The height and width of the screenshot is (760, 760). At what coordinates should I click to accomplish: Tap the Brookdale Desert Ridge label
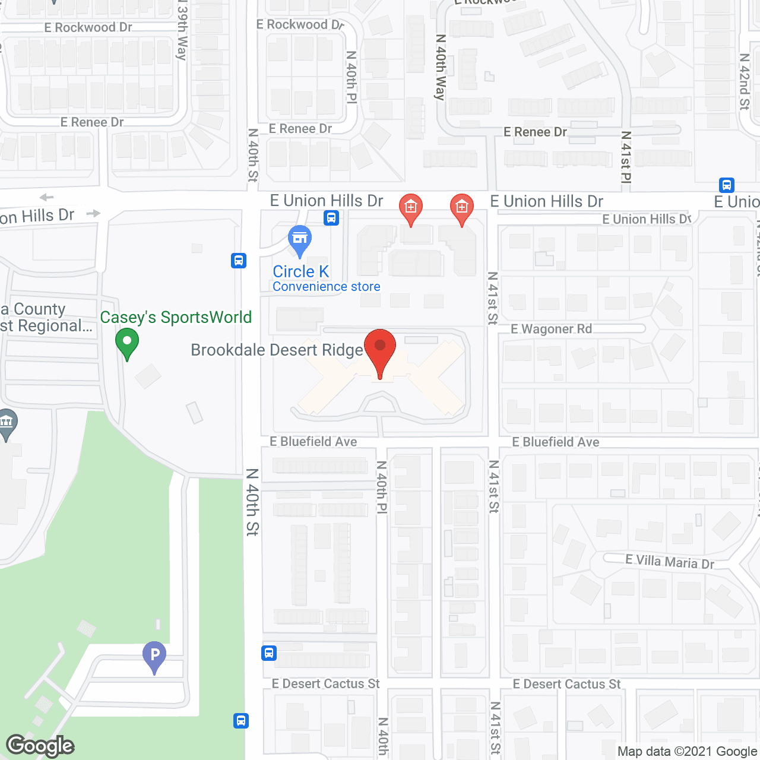click(277, 350)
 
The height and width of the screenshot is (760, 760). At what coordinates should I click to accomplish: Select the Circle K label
click(300, 271)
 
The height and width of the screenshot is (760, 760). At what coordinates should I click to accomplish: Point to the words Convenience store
click(327, 287)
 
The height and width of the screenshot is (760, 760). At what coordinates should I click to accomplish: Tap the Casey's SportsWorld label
click(176, 318)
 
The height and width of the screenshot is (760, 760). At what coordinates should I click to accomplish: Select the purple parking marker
click(154, 656)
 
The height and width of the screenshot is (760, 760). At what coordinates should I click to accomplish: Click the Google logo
click(40, 746)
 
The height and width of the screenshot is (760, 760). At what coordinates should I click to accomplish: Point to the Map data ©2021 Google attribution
click(688, 752)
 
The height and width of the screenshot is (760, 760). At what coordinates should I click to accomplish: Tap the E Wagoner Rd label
click(552, 329)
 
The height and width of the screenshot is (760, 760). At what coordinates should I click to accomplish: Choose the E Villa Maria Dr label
click(669, 562)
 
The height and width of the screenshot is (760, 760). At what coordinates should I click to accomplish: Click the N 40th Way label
click(440, 66)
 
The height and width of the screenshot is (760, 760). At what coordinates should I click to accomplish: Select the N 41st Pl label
click(626, 157)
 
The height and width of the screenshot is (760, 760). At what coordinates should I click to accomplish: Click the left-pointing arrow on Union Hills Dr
click(46, 197)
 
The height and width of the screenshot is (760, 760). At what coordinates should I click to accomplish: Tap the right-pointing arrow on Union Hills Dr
click(93, 213)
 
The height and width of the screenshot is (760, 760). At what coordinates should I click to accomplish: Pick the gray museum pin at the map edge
click(7, 424)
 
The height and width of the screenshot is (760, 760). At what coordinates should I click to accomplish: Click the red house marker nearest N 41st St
click(461, 209)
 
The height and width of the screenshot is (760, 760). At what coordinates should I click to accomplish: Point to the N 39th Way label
click(182, 30)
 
